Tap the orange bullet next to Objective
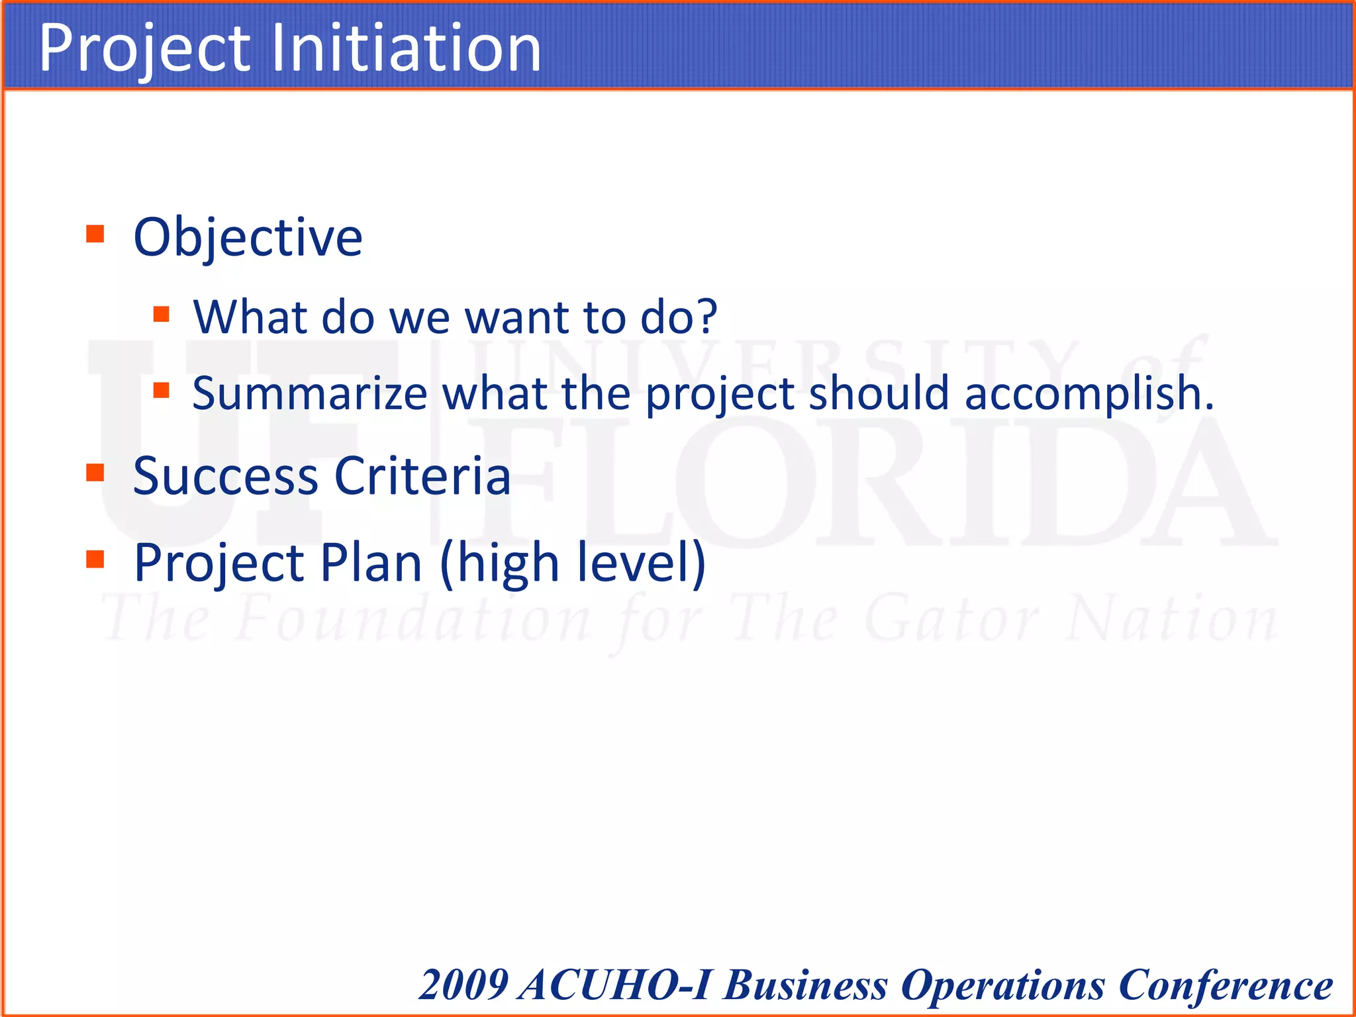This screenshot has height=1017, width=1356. coord(95,234)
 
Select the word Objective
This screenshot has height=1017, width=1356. coord(248,237)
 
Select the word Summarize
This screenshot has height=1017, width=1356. coord(310,393)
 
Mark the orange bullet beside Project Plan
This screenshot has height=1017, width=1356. coord(95,559)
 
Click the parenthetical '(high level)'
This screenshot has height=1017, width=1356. coord(573,563)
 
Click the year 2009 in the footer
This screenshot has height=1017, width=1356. coord(464,985)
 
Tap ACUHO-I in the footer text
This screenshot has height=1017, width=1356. coord(616,985)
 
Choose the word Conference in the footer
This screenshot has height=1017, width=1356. coord(1225,985)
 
